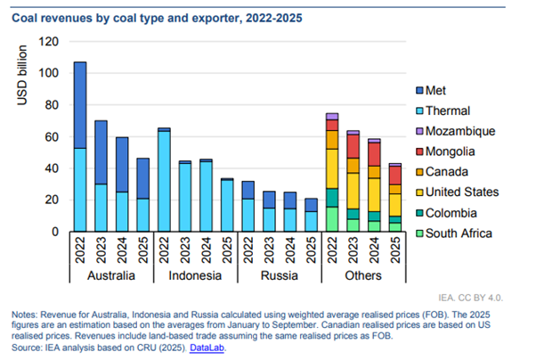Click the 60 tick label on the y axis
pos(51,136)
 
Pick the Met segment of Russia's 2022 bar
pos(248,189)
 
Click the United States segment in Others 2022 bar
pos(332,168)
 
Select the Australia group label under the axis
pos(111,276)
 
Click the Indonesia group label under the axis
pos(196,276)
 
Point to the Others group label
pos(364,276)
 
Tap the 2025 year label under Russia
pos(312,252)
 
